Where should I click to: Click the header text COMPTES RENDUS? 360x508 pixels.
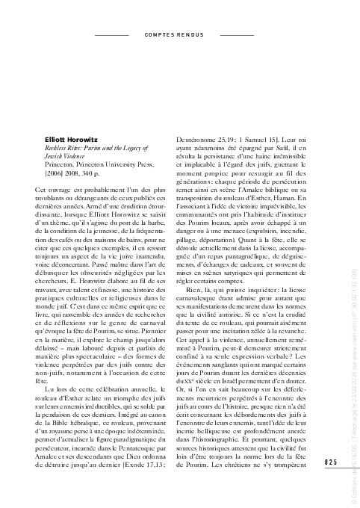(175, 35)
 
